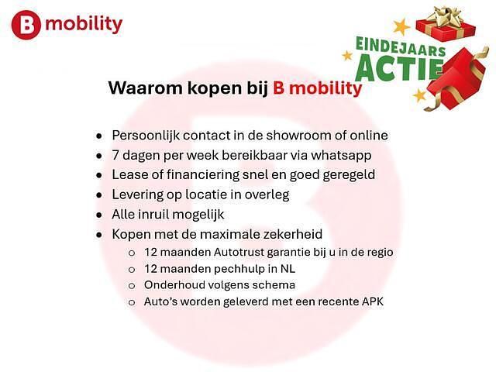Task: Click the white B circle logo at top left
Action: (26, 25)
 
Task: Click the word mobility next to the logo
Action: (84, 25)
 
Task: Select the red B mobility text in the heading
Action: (317, 88)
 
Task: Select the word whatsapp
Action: (342, 155)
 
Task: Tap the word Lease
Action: (130, 174)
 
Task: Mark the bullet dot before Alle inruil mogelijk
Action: (98, 215)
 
